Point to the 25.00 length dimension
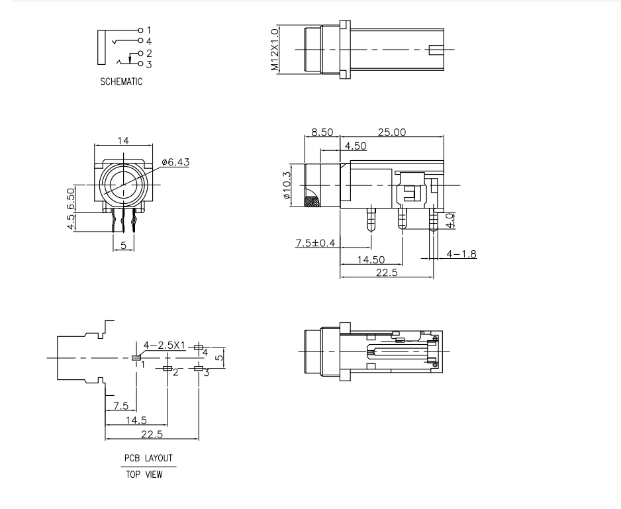pos(391,132)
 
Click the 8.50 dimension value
pos(322,132)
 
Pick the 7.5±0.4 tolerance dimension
pos(315,244)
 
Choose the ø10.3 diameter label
pos(286,186)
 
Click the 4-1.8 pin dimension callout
pos(461,254)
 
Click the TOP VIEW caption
pos(144,474)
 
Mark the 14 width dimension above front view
pos(123,140)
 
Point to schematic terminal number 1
pos(149,30)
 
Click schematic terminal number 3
pos(149,64)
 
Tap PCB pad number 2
pos(175,373)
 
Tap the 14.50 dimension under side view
pos(371,260)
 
